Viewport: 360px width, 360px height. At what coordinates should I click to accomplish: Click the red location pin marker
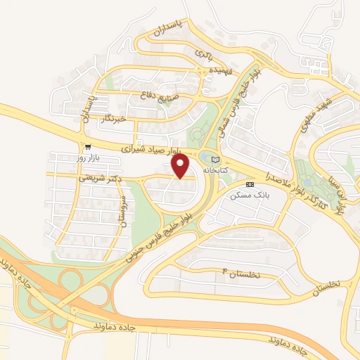[181, 165]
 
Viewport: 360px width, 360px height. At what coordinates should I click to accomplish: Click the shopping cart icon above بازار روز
[87, 147]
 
